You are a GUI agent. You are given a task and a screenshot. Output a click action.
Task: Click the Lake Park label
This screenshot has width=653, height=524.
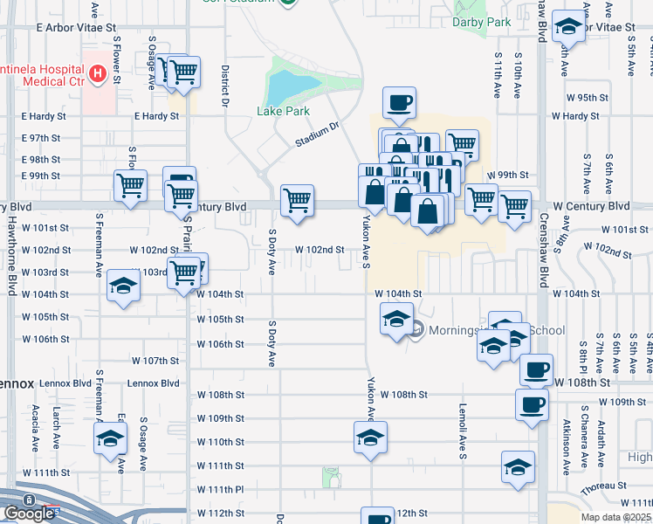click(283, 111)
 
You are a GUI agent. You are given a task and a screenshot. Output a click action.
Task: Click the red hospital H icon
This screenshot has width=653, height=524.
click(98, 74)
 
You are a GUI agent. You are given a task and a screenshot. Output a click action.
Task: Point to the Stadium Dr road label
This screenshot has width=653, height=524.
click(316, 134)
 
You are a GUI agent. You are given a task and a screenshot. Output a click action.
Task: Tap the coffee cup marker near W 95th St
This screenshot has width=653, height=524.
click(399, 101)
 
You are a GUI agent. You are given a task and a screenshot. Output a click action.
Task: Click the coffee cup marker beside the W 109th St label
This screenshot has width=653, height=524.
click(533, 405)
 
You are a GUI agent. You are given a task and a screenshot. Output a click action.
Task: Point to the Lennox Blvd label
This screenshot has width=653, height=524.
click(153, 383)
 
